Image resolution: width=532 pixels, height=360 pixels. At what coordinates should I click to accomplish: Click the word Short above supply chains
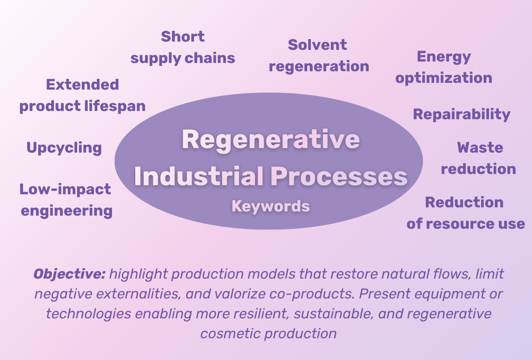[183, 37]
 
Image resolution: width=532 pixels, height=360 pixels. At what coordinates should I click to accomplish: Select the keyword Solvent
[317, 45]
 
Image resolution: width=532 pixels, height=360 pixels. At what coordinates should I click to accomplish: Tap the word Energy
[444, 57]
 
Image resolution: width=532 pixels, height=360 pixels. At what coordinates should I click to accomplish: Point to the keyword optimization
[444, 78]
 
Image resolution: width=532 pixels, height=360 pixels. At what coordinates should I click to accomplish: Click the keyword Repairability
[462, 114]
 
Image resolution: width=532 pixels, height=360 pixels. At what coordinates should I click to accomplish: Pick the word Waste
[480, 148]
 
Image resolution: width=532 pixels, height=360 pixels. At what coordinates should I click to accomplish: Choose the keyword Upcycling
[64, 148]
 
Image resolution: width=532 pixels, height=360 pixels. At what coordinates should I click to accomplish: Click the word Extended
[82, 85]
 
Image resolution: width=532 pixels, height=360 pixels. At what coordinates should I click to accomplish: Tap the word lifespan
[115, 106]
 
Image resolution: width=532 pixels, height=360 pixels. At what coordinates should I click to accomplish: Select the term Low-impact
[65, 189]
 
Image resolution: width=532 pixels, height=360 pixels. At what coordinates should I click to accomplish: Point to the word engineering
[67, 211]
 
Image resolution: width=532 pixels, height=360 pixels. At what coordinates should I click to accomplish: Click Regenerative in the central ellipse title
[270, 139]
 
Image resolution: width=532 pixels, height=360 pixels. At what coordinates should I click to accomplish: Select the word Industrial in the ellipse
[199, 176]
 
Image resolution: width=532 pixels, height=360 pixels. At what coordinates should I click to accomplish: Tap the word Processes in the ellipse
[339, 176]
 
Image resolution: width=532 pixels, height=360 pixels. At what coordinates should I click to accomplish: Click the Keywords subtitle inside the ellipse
[270, 206]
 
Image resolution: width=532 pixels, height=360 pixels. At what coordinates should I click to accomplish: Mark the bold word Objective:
[69, 274]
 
